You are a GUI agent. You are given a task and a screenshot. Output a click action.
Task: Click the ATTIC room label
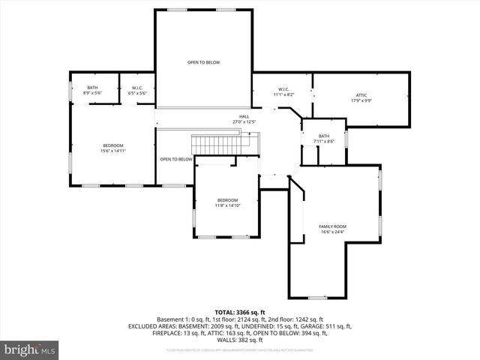point(361,95)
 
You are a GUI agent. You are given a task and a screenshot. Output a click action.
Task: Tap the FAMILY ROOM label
point(332,226)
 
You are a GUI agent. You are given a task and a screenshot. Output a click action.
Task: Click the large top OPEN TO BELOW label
point(203,62)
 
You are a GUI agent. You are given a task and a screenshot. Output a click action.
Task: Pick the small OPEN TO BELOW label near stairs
point(176,159)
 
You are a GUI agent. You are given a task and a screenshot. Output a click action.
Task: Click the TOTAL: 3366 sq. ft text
point(240,312)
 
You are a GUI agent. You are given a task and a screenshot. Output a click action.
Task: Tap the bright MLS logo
point(30,349)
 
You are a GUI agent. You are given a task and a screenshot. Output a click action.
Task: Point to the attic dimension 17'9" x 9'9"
point(361,100)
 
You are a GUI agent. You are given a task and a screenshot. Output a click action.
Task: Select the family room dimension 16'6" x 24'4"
point(332,232)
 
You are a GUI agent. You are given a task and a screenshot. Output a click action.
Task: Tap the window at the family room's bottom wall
point(318,298)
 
